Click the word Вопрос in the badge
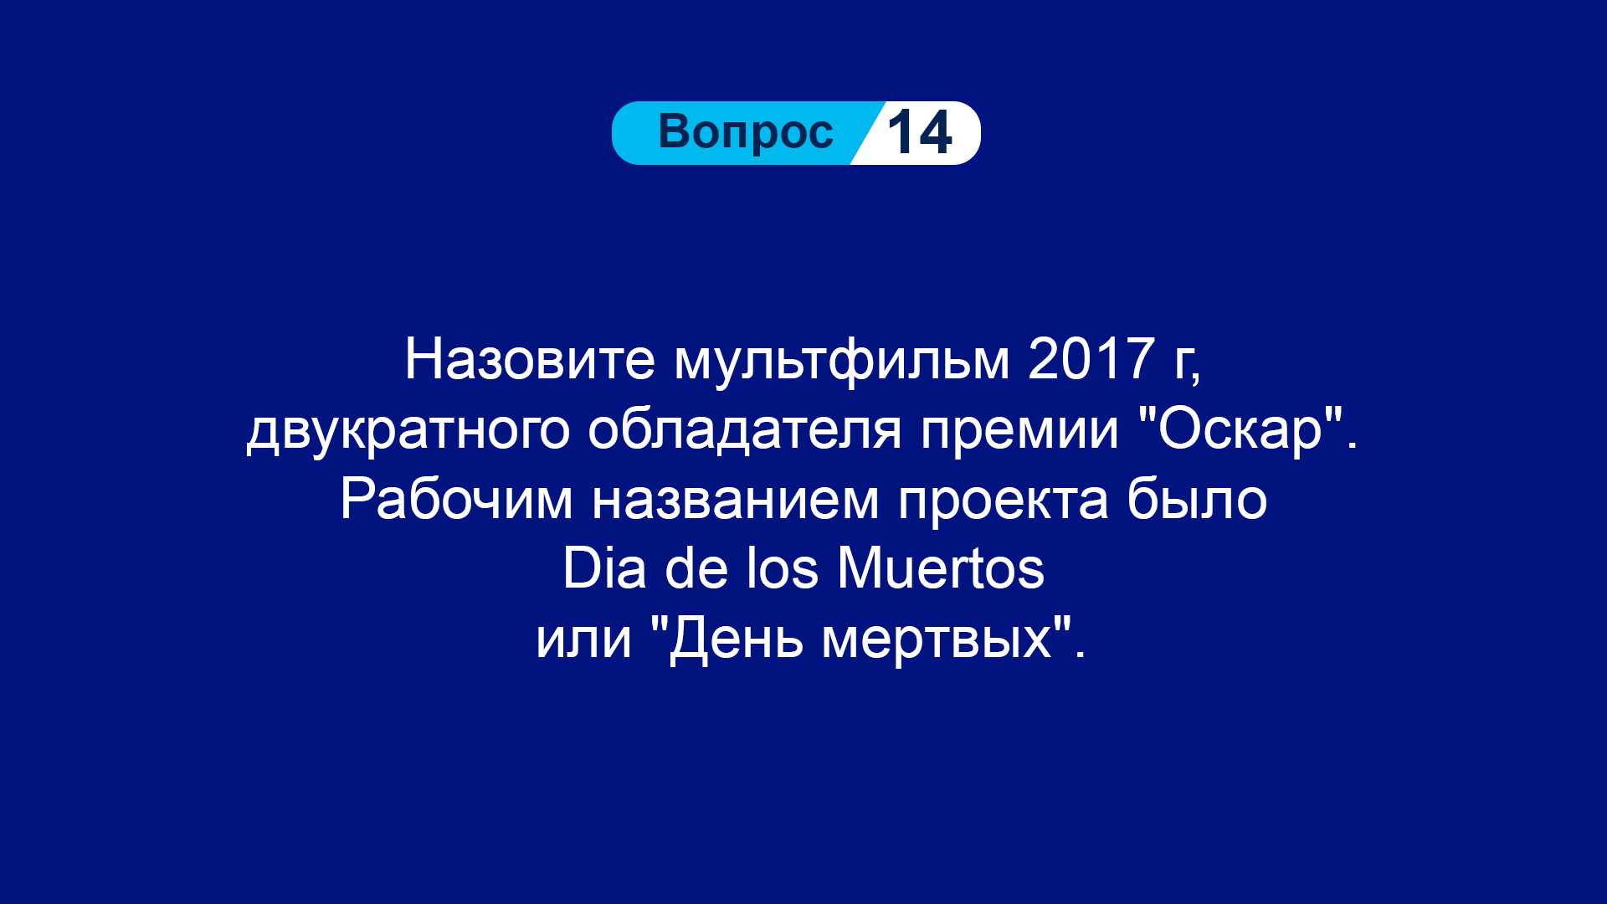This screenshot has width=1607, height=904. click(746, 132)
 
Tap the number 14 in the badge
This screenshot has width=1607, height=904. click(919, 132)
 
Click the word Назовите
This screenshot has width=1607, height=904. click(529, 359)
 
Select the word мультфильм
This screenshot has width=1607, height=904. click(842, 362)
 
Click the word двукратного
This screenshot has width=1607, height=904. click(408, 431)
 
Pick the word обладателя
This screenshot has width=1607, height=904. click(744, 429)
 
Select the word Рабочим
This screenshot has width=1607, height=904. click(456, 499)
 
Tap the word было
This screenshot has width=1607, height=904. click(1197, 499)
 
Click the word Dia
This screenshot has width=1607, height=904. click(604, 568)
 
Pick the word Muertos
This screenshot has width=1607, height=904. click(941, 568)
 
